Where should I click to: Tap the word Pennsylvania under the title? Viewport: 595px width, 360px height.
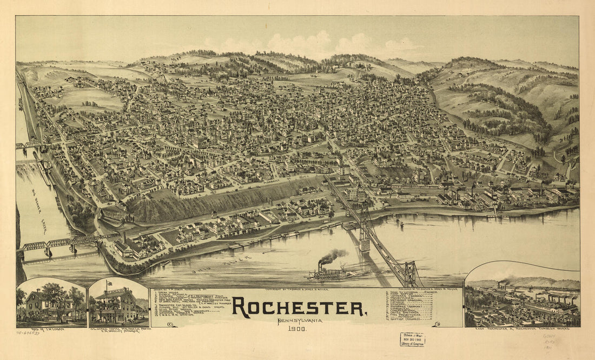click(299, 322)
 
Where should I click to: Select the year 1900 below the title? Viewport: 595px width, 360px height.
click(299, 329)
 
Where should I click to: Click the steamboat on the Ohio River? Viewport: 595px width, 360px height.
click(330, 274)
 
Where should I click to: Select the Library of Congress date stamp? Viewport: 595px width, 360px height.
click(412, 339)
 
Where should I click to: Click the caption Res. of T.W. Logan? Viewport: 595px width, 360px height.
click(34, 330)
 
